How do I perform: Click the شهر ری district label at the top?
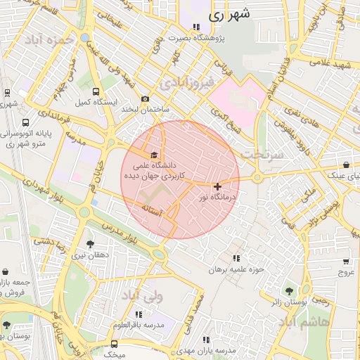[x=229, y=13]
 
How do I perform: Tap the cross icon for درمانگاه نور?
[x=218, y=187]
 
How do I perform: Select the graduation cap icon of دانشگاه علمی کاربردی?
[x=154, y=155]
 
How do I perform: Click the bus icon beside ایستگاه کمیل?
[x=96, y=91]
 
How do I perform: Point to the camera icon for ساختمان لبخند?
[x=146, y=99]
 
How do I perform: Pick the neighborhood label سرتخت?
[x=260, y=153]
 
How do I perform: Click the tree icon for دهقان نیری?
[x=89, y=244]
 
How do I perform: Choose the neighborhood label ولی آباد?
[x=143, y=296]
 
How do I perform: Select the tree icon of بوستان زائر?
[x=289, y=290]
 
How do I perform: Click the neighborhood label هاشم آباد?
[x=304, y=321]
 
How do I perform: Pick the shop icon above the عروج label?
[x=345, y=261]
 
